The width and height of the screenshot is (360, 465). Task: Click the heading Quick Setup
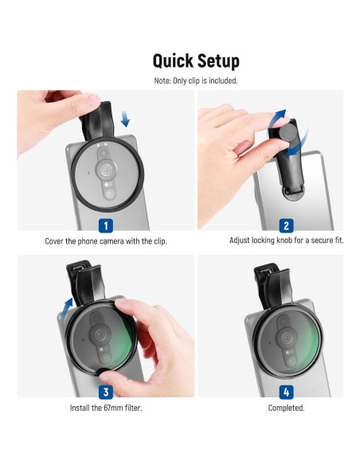tap(196, 61)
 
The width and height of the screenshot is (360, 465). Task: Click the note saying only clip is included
tap(196, 80)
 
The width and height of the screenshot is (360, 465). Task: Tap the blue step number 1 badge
tap(105, 225)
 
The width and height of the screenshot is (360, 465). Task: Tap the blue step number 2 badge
tap(287, 225)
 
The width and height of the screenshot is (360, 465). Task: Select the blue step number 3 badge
tap(105, 392)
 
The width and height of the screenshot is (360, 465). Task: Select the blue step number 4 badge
tap(287, 392)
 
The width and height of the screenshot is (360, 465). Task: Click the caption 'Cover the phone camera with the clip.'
tap(105, 240)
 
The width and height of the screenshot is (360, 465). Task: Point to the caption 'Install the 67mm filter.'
tap(105, 407)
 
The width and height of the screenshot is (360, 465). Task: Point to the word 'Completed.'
tap(286, 407)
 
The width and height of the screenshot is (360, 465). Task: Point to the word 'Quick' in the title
tap(172, 61)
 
